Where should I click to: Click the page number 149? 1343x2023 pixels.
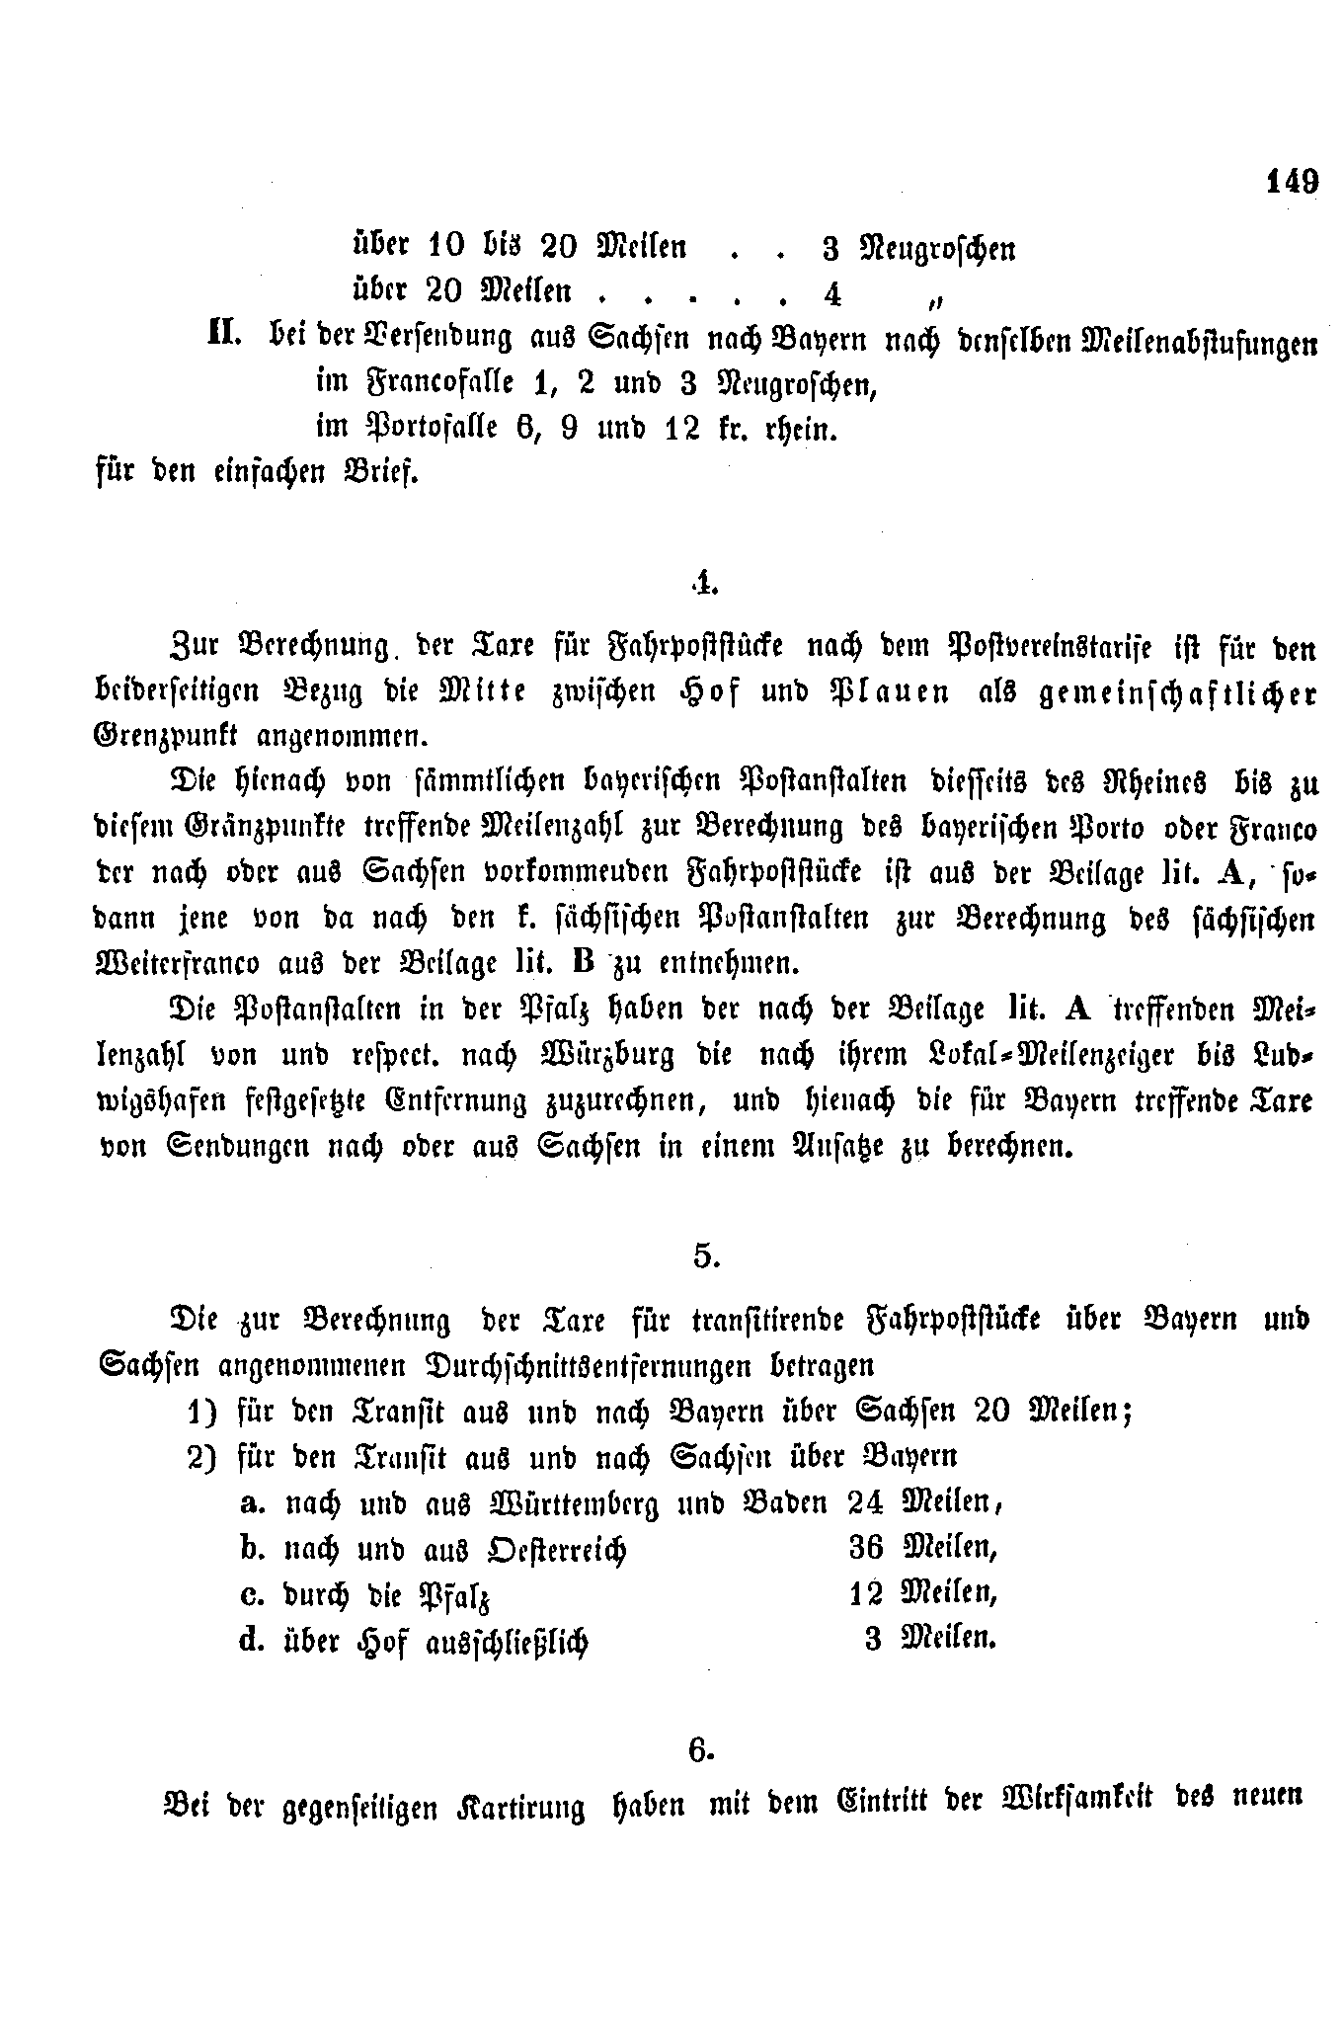pyautogui.click(x=1290, y=183)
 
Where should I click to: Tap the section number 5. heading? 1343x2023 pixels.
pyautogui.click(x=705, y=1255)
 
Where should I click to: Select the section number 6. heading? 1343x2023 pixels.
pyautogui.click(x=700, y=1750)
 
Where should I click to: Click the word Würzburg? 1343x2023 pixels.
pyautogui.click(x=604, y=1056)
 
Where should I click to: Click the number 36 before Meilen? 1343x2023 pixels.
pyautogui.click(x=866, y=1548)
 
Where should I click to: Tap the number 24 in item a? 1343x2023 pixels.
pyautogui.click(x=864, y=1503)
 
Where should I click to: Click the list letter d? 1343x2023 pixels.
pyautogui.click(x=251, y=1640)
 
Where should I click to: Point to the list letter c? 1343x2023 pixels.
pyautogui.click(x=251, y=1594)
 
